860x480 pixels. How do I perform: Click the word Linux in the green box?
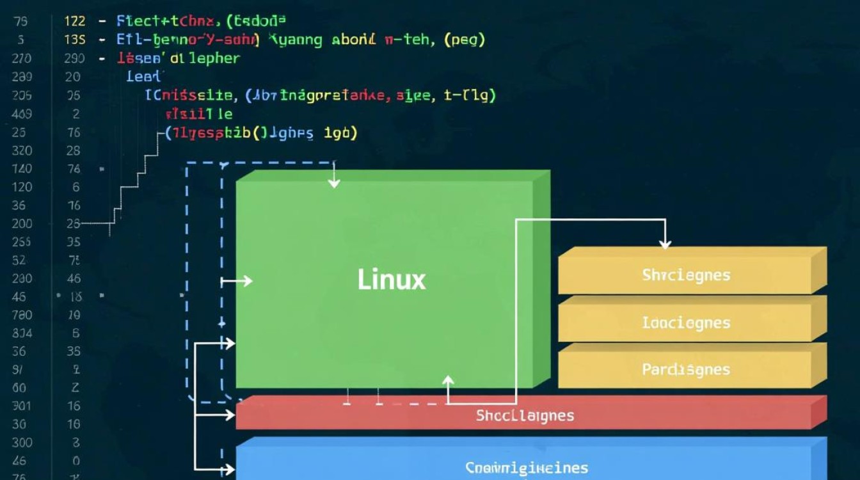coord(391,280)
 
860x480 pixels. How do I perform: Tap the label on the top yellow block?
coord(686,275)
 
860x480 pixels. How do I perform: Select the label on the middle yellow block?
coord(686,323)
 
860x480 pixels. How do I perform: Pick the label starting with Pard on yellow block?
coord(686,370)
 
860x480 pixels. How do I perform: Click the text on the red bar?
coord(525,416)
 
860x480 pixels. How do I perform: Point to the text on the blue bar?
coord(526,468)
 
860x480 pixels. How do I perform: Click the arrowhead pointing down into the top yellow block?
coord(665,244)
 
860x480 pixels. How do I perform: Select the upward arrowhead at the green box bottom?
coord(448,381)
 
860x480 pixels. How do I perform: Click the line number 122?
coord(75,21)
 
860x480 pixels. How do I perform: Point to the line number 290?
coord(74,58)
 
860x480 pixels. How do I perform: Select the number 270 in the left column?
coord(22,58)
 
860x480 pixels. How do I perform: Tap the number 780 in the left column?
coord(22,315)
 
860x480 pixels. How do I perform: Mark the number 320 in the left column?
coord(22,150)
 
